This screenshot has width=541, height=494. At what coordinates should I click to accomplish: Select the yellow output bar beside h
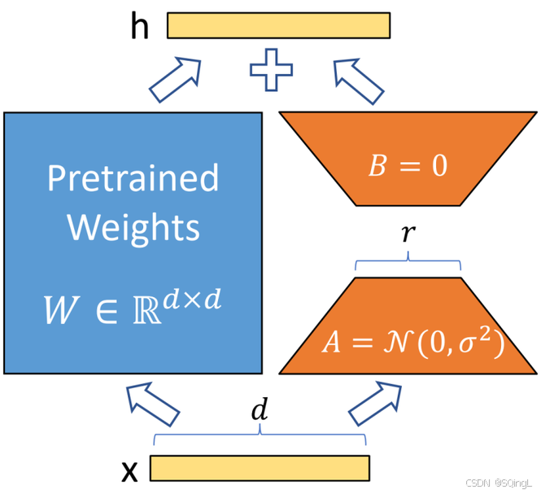pos(278,25)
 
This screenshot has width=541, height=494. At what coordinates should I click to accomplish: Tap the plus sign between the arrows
pos(271,72)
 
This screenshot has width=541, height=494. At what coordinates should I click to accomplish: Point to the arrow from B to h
pos(357,79)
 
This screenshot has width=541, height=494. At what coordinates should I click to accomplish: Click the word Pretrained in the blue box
pos(133,177)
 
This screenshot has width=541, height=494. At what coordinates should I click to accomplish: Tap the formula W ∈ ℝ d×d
pos(133,306)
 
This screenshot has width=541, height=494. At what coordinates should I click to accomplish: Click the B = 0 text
pos(408,166)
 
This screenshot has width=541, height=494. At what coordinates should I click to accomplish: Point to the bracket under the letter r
pos(408,263)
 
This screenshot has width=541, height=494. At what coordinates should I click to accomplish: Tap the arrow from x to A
pos(377,404)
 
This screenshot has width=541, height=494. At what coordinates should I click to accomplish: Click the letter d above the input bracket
pos(260,412)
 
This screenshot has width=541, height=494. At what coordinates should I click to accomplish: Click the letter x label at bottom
pos(129,470)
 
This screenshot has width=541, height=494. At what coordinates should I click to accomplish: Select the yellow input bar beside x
pos(260,467)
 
